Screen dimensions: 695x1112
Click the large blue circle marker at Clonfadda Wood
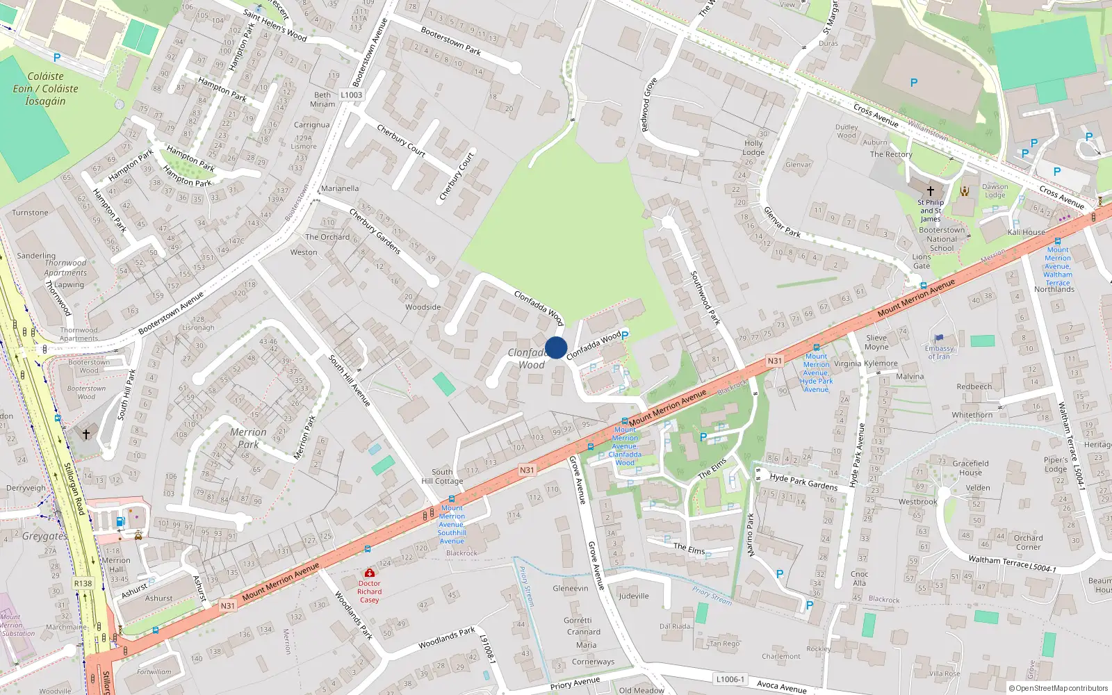(x=556, y=347)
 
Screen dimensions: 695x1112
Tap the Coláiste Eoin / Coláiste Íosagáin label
(x=45, y=88)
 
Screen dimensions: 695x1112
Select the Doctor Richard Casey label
(x=370, y=591)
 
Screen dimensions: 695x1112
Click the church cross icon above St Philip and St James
(x=931, y=190)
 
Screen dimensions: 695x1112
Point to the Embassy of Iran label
(x=939, y=352)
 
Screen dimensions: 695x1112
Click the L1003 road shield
(x=352, y=95)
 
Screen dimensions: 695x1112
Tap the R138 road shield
(x=83, y=583)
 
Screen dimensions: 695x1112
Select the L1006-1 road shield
(x=730, y=679)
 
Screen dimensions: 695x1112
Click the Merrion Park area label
(x=248, y=438)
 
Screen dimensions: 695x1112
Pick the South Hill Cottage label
(x=442, y=476)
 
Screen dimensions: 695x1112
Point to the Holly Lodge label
(x=753, y=147)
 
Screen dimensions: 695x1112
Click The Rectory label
(x=891, y=154)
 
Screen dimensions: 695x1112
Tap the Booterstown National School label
(x=942, y=239)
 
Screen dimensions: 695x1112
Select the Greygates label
(x=44, y=536)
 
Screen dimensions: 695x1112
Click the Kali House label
(x=1027, y=232)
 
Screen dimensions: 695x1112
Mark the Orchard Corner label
(x=1028, y=542)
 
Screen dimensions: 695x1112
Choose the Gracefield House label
(x=971, y=468)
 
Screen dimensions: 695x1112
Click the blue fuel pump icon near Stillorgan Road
(x=120, y=521)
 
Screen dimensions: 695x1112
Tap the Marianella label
(x=340, y=188)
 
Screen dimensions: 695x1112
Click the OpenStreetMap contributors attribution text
(x=1058, y=688)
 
